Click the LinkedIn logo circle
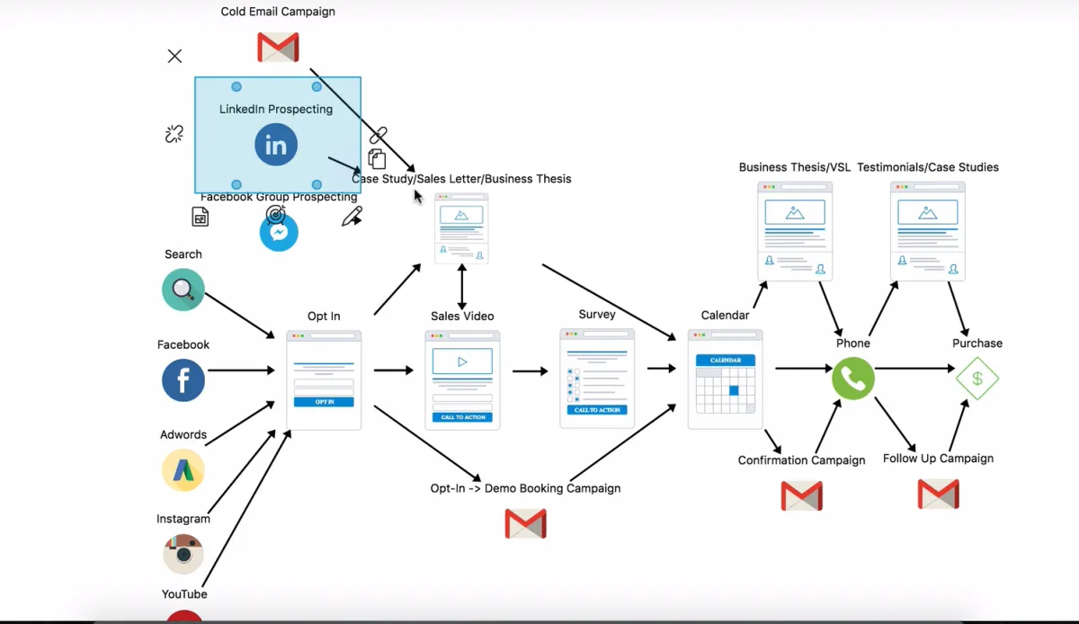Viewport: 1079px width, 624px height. [x=276, y=145]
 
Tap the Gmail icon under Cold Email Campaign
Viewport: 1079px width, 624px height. [x=278, y=47]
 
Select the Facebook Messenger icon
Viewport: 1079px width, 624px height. [x=279, y=233]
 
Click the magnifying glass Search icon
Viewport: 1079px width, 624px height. [x=183, y=290]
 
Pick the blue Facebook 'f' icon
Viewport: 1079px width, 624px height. [x=183, y=380]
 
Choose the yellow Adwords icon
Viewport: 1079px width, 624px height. [x=183, y=470]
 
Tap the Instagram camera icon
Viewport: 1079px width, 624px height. [x=183, y=554]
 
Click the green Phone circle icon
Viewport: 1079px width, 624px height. [x=853, y=379]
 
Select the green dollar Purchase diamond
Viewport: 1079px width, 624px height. [x=977, y=379]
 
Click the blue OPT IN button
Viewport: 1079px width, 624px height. [x=324, y=402]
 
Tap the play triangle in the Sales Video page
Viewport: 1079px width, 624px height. [x=462, y=361]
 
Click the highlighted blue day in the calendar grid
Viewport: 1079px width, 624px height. [x=734, y=390]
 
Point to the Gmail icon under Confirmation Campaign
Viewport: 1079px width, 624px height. [x=801, y=495]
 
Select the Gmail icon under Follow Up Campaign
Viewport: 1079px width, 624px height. [x=938, y=494]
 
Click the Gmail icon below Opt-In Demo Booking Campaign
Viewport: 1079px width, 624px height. [x=526, y=523]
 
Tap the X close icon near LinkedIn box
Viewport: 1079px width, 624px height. [x=174, y=57]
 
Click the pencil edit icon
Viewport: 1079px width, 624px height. [x=352, y=217]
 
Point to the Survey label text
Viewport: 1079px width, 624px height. [x=597, y=315]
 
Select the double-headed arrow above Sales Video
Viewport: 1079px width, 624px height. [x=462, y=287]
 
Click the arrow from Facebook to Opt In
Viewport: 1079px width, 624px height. [x=240, y=370]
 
